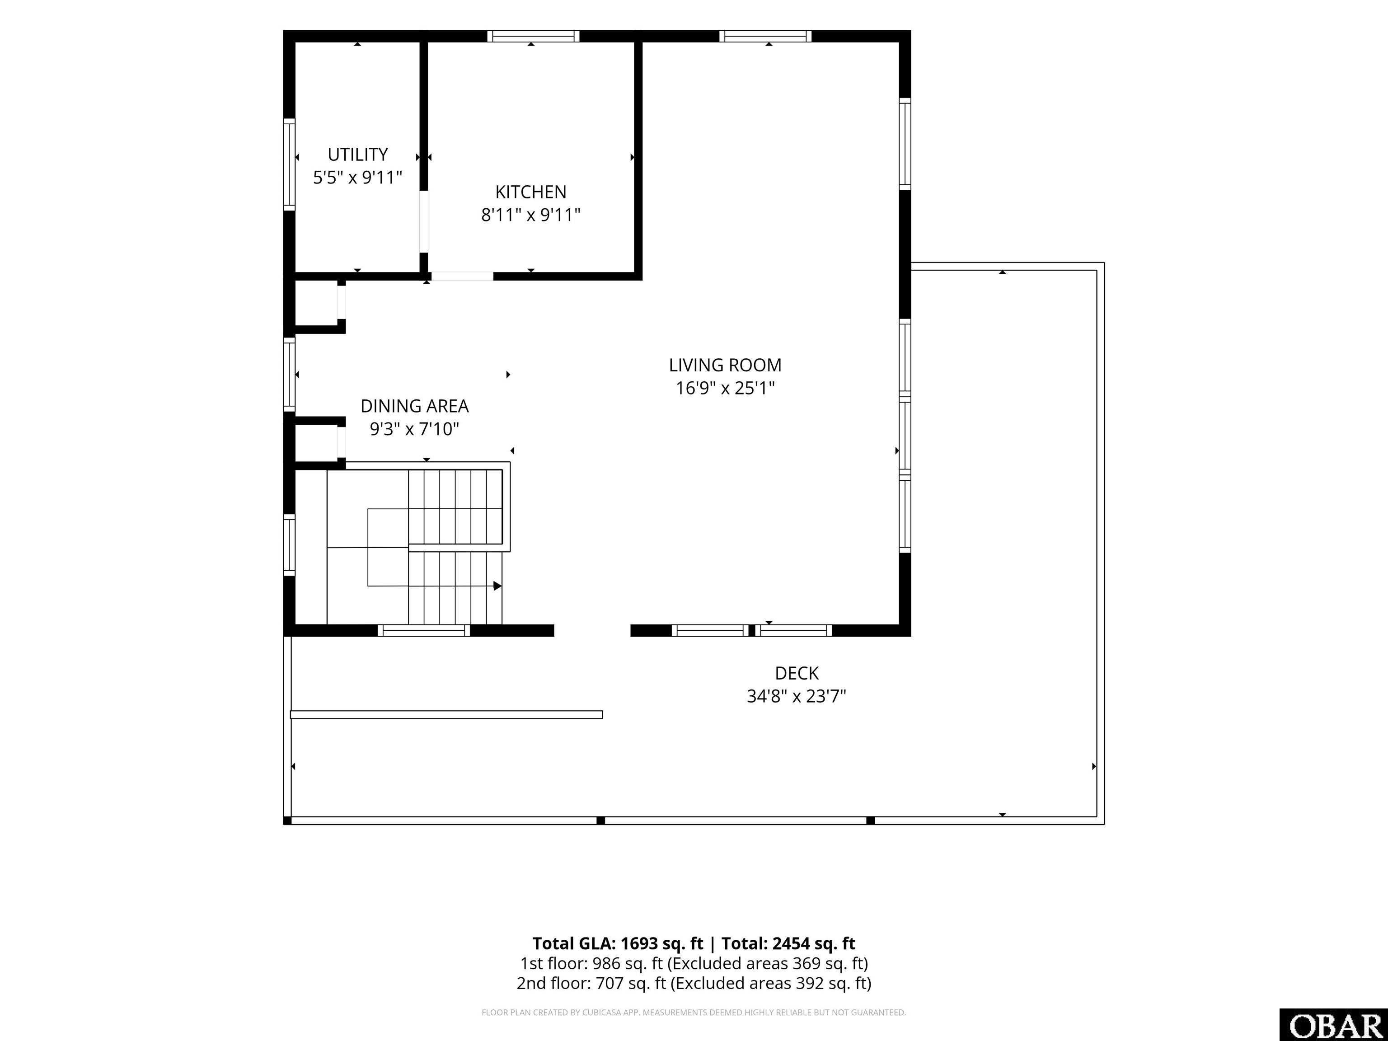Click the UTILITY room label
pos(358,155)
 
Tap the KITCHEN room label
pos(531,192)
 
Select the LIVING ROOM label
pos(725,365)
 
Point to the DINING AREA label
pos(414,406)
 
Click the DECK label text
pos(797,673)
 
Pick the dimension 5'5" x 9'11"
pos(358,178)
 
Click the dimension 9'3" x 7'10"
pos(414,429)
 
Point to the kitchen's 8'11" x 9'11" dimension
pos(531,215)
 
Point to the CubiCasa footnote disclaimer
pos(694,1012)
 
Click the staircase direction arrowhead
pos(497,586)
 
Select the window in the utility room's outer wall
pos(289,164)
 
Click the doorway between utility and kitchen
pos(423,221)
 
